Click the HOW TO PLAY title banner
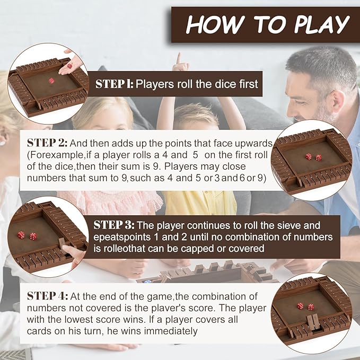click(x=268, y=24)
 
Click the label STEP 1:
click(x=114, y=84)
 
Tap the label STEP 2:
click(x=48, y=143)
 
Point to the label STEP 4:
click(x=48, y=296)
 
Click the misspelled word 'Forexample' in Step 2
click(x=53, y=155)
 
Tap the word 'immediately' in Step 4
click(x=172, y=331)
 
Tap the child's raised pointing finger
click(x=179, y=58)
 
